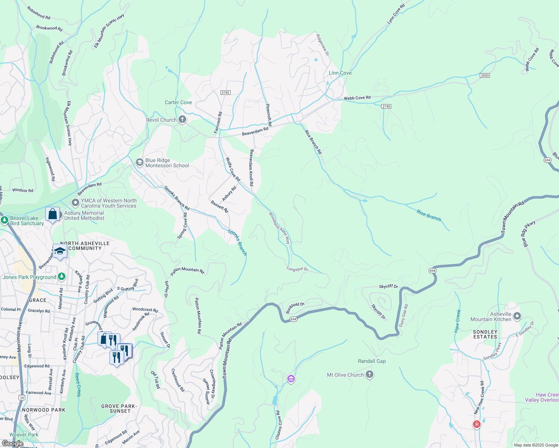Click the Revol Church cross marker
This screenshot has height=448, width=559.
182,120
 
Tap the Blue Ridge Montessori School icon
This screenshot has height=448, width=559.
140,162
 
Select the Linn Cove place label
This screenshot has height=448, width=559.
340,73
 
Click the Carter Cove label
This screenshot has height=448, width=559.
178,102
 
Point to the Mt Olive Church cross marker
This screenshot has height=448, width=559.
370,374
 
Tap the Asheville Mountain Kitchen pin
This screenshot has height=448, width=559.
517,317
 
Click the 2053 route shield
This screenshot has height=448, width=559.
485,75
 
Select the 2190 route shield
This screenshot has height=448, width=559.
386,106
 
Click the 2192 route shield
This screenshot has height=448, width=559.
225,93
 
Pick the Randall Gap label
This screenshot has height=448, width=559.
372,361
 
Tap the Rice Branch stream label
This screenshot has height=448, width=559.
429,215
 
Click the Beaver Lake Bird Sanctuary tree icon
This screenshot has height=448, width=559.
4,220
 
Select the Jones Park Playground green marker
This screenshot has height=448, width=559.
62,277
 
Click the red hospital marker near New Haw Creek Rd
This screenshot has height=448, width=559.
476,424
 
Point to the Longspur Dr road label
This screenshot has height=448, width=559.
297,269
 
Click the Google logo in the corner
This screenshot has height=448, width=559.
12,444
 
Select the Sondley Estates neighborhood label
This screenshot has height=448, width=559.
485,334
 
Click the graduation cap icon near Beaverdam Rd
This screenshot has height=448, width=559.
60,251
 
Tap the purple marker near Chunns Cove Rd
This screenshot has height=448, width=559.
291,379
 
